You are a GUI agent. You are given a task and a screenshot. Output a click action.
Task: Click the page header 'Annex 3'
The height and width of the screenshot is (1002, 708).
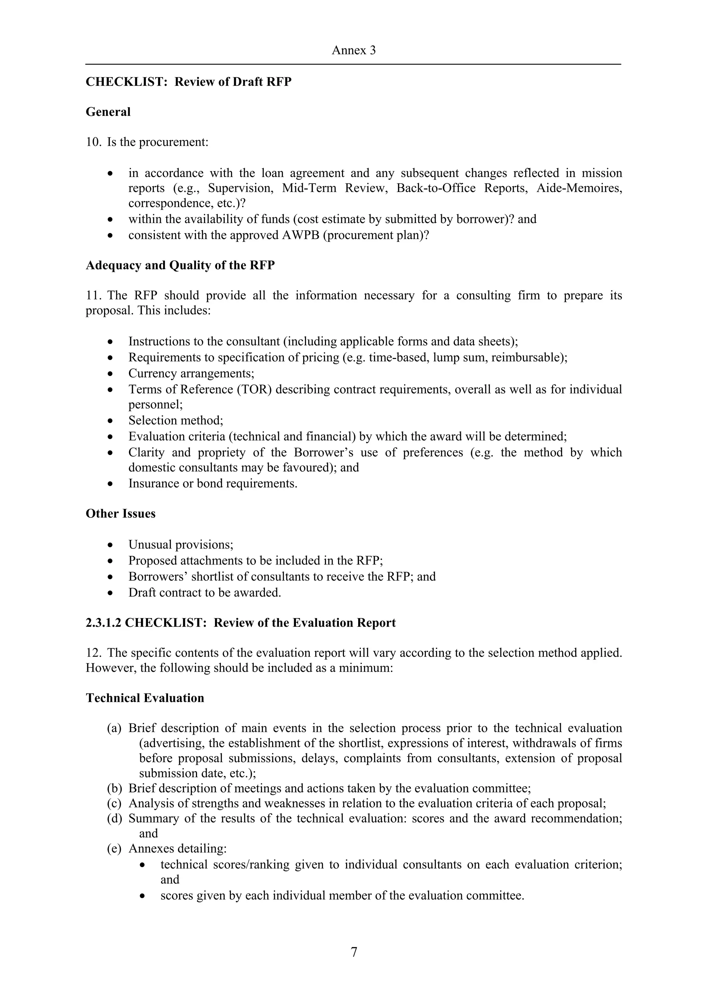click(353, 50)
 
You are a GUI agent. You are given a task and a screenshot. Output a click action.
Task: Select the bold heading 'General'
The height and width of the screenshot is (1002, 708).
click(108, 112)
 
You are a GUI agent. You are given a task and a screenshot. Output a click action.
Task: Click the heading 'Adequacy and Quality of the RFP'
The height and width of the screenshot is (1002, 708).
click(180, 265)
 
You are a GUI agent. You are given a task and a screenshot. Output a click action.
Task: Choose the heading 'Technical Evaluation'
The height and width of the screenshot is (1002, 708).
click(145, 698)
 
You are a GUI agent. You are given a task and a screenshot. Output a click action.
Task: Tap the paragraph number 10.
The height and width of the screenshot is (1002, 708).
click(93, 142)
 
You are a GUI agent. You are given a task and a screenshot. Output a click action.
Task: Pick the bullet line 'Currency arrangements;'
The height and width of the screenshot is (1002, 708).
click(191, 374)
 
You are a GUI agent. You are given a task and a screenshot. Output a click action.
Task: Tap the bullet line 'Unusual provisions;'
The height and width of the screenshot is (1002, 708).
click(180, 545)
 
